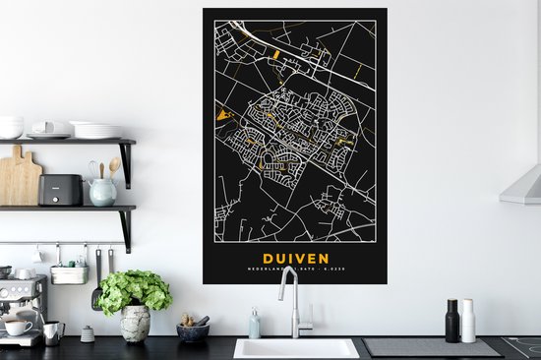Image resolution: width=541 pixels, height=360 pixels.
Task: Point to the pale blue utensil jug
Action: tap(102, 191)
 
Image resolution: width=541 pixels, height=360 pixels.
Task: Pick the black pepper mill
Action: tap(452, 321)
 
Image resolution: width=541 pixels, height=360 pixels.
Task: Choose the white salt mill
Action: tap(469, 322)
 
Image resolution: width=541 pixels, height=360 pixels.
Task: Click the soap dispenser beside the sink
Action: tap(255, 324)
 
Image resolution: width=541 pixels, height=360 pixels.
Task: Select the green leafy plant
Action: tap(135, 291)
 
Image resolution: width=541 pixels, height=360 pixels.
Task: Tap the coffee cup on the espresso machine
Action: tap(17, 327)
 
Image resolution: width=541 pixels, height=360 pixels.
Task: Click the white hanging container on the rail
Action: tap(69, 274)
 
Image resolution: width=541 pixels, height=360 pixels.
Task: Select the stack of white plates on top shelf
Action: tap(96, 130)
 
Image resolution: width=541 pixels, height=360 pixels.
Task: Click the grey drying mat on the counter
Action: tap(432, 347)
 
